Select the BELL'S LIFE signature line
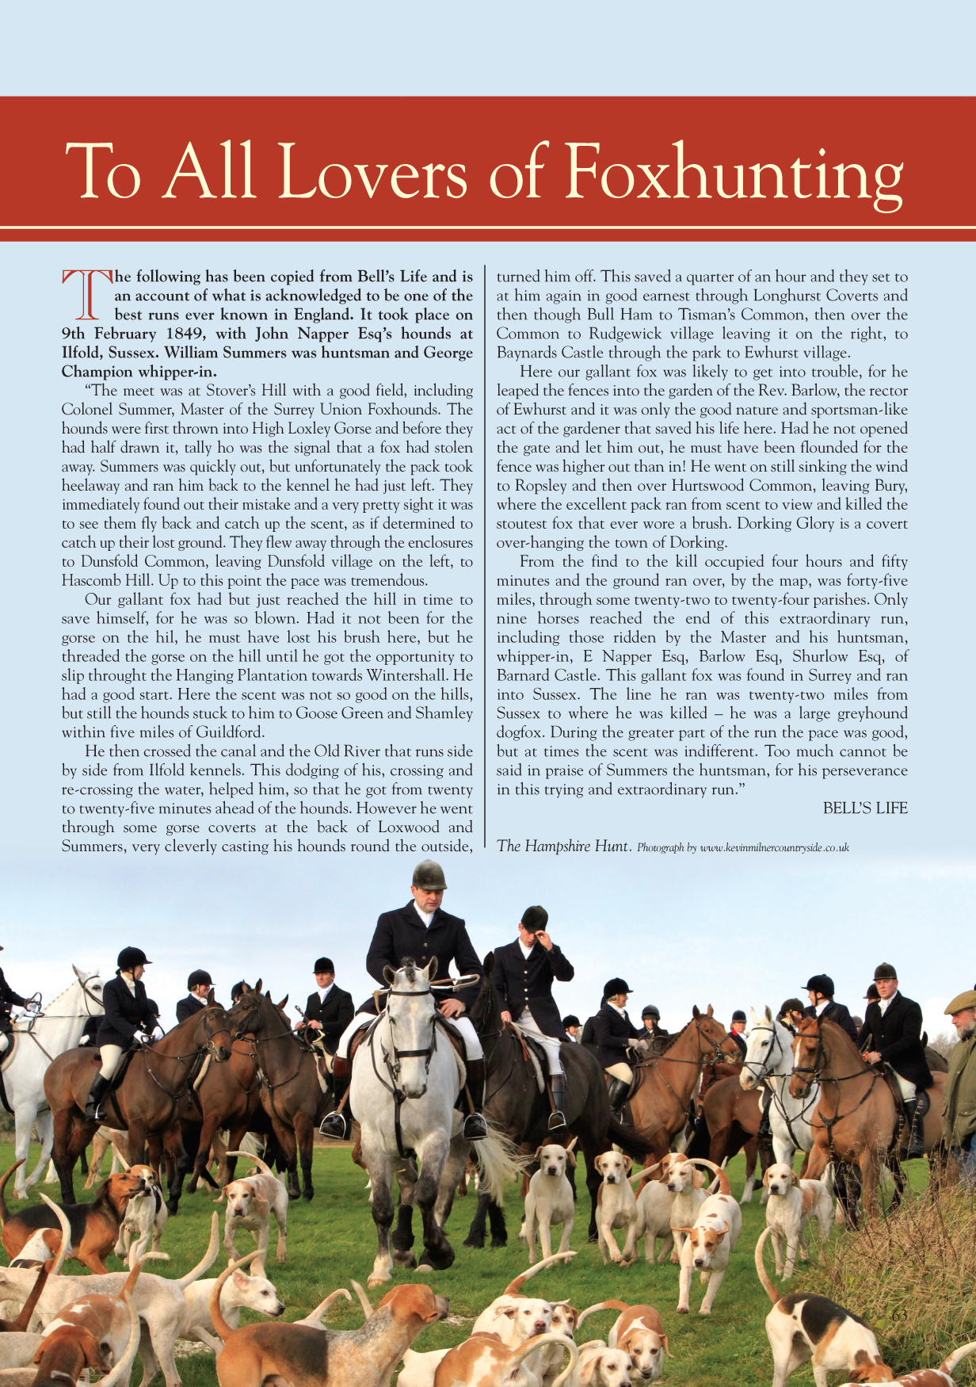tap(865, 808)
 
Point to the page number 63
tap(899, 1315)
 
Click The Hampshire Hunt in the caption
tap(562, 846)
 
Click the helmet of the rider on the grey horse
tap(429, 875)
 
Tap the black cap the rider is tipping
tap(535, 918)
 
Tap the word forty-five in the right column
tap(877, 581)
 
